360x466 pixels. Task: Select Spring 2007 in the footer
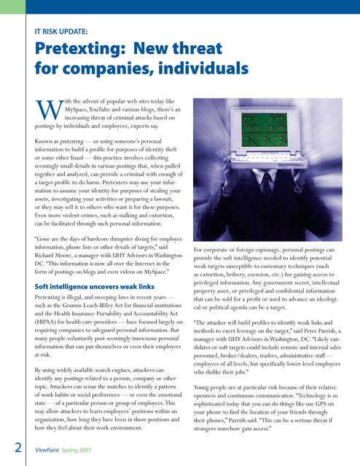87,451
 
